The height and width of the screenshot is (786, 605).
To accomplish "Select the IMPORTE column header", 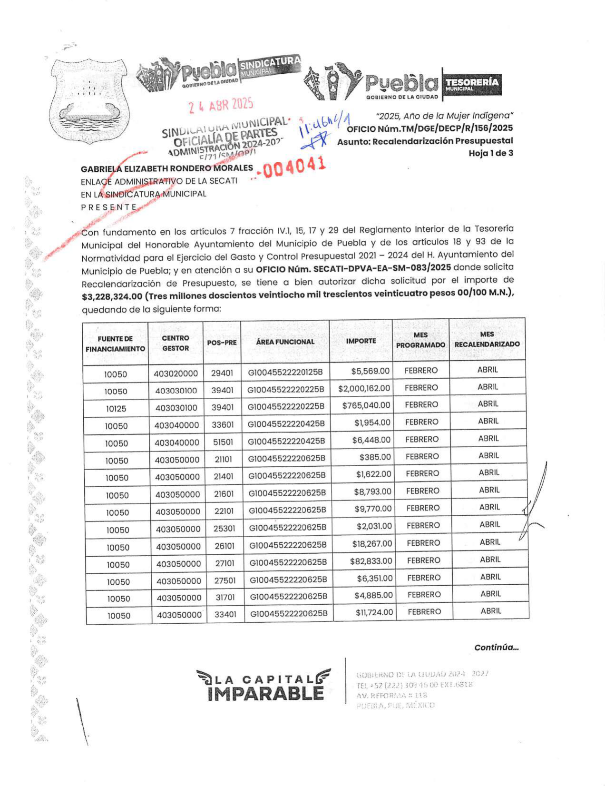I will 361,341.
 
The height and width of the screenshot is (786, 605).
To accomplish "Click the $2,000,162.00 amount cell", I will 364,389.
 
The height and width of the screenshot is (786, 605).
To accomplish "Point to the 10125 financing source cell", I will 116,409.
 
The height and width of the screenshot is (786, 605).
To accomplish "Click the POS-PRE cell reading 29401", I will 222,373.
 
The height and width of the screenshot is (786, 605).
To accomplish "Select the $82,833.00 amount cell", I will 371,561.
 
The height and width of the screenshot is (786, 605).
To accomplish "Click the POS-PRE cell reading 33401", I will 225,614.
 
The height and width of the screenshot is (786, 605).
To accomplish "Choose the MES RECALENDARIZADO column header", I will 487,339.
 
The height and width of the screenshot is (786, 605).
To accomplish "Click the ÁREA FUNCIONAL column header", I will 285,342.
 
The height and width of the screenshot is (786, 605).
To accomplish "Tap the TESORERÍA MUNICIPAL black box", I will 472,85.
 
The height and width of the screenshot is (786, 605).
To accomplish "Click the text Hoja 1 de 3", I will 490,153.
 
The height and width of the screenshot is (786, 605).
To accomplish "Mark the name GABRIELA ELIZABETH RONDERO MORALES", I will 167,168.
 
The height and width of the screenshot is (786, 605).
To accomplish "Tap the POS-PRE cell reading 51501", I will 223,442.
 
